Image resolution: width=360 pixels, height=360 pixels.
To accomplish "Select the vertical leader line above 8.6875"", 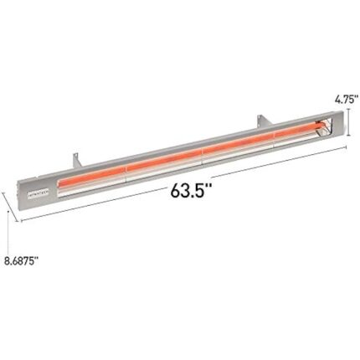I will tap(8, 230).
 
